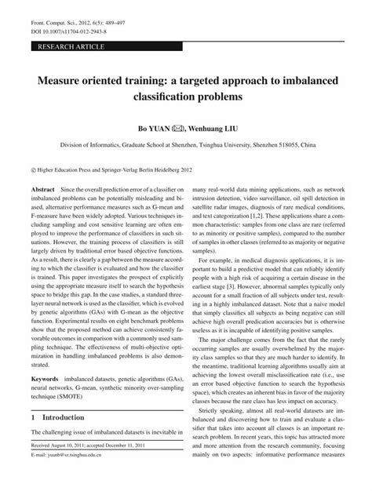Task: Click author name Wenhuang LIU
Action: (x=210, y=127)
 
